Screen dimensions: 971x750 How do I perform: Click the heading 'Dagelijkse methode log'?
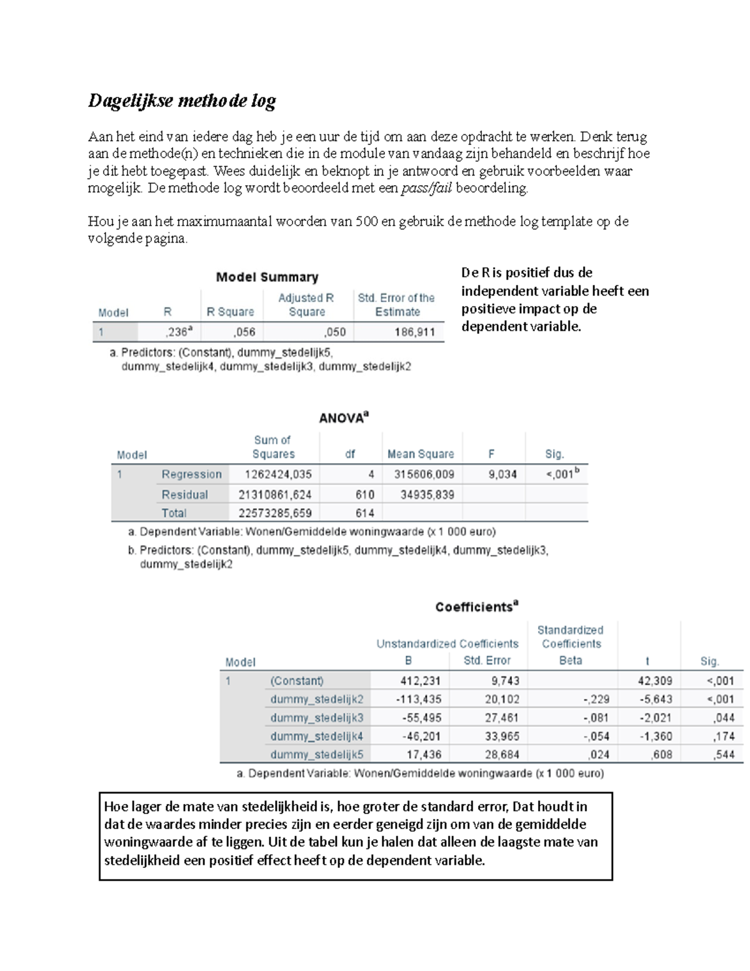(x=182, y=101)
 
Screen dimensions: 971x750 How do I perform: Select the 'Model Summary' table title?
(x=267, y=277)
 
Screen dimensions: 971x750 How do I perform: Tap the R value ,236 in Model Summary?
(x=179, y=332)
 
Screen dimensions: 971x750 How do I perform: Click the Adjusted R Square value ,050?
(x=334, y=332)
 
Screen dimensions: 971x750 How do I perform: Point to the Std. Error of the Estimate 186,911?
(x=414, y=332)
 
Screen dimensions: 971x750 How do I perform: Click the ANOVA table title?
(x=343, y=418)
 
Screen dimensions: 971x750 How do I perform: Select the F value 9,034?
(x=502, y=475)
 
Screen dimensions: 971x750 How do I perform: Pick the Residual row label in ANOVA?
(x=184, y=495)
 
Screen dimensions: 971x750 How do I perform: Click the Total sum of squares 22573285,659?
(x=274, y=513)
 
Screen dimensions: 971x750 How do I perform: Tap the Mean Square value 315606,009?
(x=424, y=475)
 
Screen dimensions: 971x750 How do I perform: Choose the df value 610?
(x=364, y=495)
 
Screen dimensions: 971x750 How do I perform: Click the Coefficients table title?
(x=476, y=606)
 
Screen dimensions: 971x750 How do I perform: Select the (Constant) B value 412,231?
(x=420, y=681)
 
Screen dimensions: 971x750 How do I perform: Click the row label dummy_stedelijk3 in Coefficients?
(x=316, y=718)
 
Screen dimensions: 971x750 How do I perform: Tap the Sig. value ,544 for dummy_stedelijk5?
(x=723, y=755)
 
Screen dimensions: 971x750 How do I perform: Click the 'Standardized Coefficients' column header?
(x=571, y=636)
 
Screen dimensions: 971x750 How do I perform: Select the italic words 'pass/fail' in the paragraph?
(x=426, y=188)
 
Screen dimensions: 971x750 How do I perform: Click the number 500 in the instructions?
(x=366, y=221)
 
